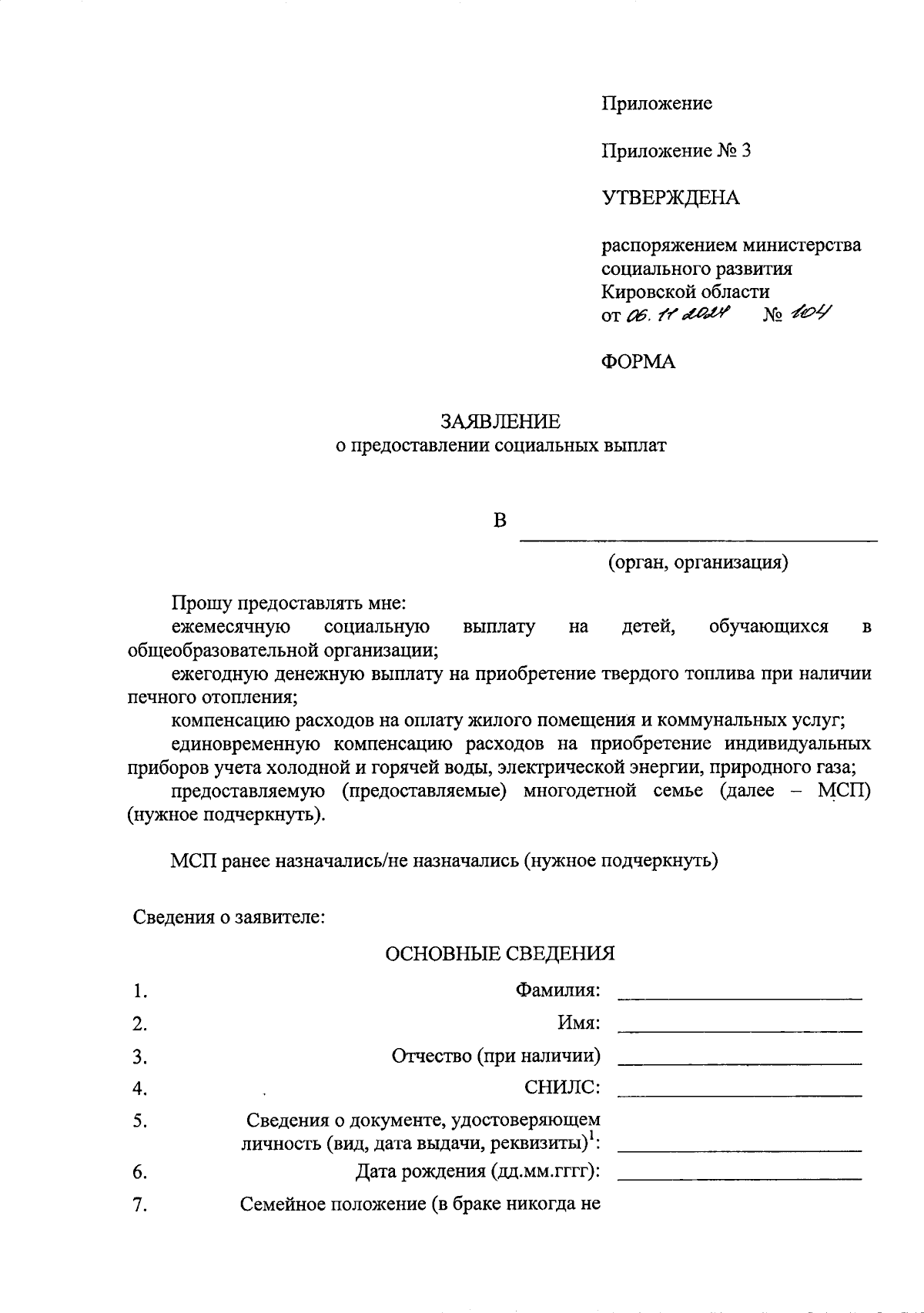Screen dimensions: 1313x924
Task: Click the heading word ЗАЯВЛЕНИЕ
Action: pos(500,421)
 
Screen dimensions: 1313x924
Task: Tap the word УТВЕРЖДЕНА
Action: pos(670,198)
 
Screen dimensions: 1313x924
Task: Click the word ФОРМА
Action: pos(638,362)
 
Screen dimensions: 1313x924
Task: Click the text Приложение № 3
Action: pos(676,150)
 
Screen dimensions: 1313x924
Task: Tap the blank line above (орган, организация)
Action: pos(698,539)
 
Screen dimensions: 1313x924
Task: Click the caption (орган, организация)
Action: pos(698,562)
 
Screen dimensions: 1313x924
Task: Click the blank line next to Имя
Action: pos(739,1030)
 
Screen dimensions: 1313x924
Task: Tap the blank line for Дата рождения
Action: pos(739,1177)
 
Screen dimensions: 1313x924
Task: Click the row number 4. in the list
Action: pos(139,1088)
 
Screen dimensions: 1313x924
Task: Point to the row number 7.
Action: pos(139,1205)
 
